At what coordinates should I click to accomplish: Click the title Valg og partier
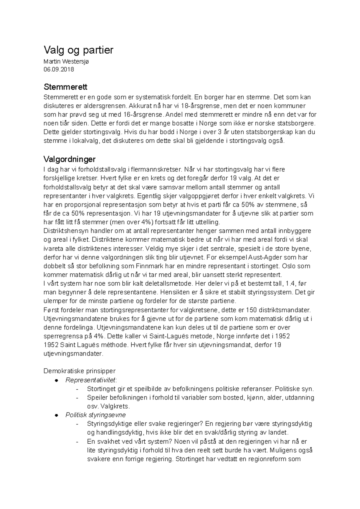(x=78, y=50)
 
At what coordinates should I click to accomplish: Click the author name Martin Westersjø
(x=66, y=62)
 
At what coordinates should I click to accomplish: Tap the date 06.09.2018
(x=58, y=70)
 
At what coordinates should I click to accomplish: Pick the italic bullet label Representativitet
(x=90, y=380)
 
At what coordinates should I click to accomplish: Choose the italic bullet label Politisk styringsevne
(x=95, y=415)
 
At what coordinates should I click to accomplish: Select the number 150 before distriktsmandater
(x=251, y=310)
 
